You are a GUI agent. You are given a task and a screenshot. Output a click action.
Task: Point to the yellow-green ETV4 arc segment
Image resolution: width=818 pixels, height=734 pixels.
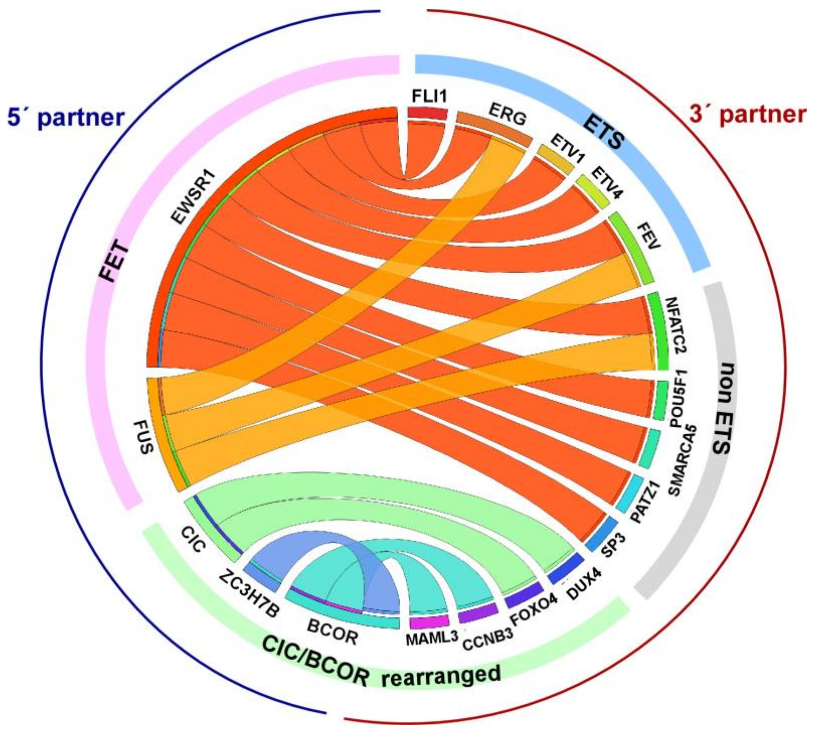[592, 192]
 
